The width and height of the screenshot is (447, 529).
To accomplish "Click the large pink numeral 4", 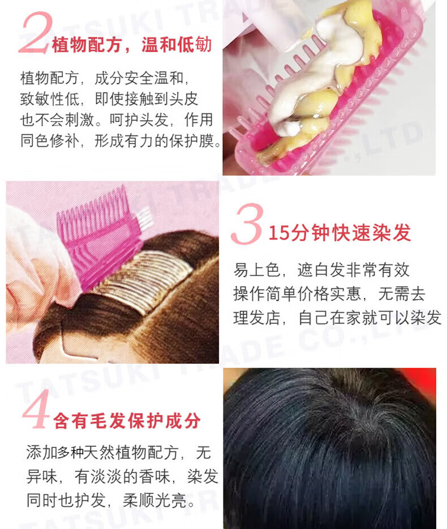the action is pyautogui.click(x=36, y=408).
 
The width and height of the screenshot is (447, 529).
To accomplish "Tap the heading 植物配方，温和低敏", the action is pyautogui.click(x=132, y=45).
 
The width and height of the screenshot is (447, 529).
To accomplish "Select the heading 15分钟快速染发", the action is pyautogui.click(x=339, y=232).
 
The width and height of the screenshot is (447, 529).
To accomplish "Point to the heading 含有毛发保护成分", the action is pyautogui.click(x=127, y=420).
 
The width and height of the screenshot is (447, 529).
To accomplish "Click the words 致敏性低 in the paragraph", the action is pyautogui.click(x=50, y=99).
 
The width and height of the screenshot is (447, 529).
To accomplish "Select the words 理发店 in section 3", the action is pyautogui.click(x=256, y=318).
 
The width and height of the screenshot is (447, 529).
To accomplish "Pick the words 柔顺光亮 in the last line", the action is pyautogui.click(x=154, y=500).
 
